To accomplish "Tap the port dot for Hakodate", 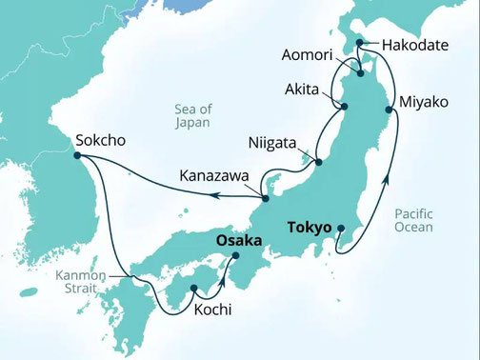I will [360, 42].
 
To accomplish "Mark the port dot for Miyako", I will [389, 110].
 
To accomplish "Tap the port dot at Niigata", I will [318, 162].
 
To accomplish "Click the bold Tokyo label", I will [309, 229].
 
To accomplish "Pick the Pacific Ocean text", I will [413, 220].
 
